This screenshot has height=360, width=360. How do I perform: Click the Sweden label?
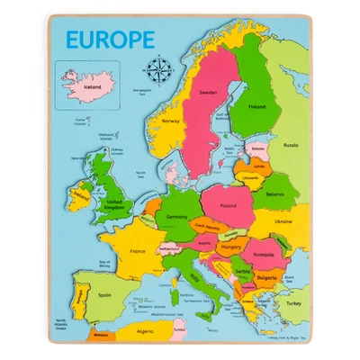(x=208, y=93)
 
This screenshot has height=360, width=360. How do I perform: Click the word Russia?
(x=290, y=144)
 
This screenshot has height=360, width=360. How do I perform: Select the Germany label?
(x=176, y=216)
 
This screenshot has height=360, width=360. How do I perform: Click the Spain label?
(x=104, y=294)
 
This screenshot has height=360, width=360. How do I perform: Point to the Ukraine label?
(x=283, y=220)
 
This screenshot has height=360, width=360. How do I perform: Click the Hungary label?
(x=229, y=244)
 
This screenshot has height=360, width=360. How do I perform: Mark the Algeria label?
(x=144, y=331)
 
